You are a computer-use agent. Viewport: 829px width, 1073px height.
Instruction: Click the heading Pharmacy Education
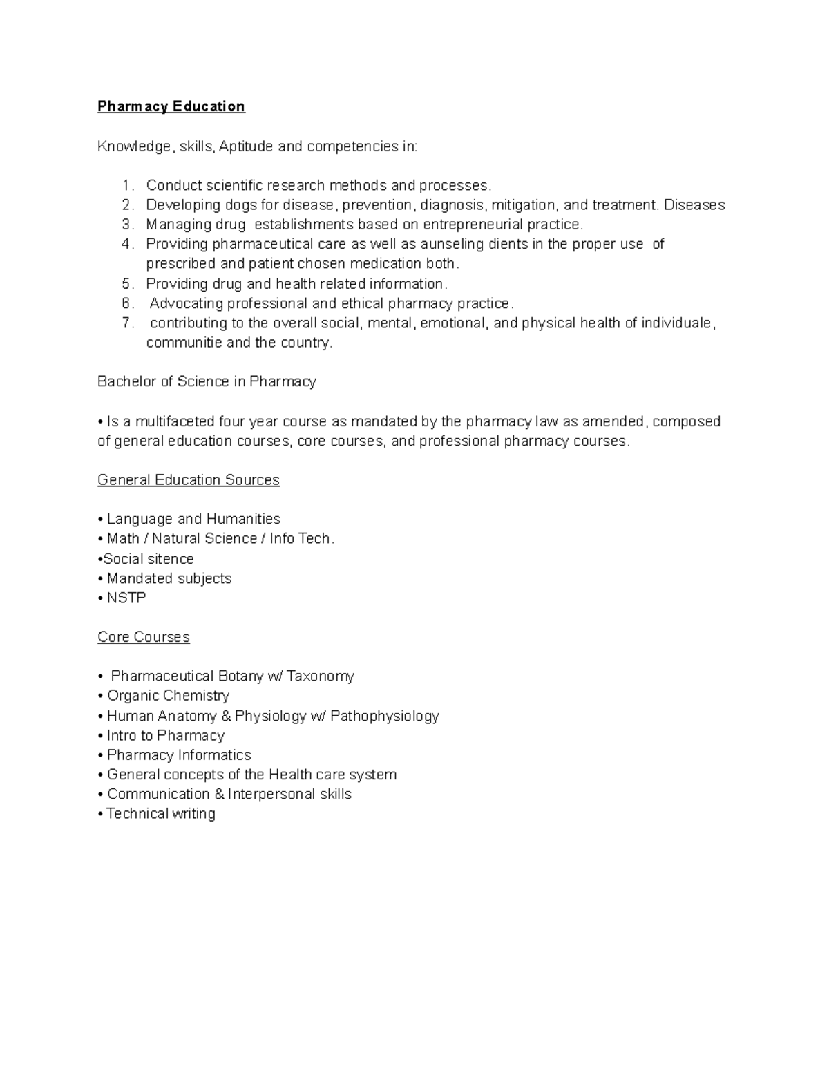[x=171, y=106]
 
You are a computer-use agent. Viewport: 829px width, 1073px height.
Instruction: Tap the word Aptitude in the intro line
[x=247, y=146]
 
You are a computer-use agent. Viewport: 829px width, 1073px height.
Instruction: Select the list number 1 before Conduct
[x=126, y=186]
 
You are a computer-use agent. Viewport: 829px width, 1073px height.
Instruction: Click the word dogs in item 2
[x=241, y=205]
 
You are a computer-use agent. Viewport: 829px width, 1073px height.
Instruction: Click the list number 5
[x=126, y=284]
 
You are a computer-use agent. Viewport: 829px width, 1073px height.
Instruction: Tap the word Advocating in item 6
[x=186, y=303]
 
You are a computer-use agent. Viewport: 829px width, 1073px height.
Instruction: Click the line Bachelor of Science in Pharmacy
[x=207, y=381]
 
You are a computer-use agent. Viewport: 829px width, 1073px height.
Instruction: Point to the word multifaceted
[x=175, y=421]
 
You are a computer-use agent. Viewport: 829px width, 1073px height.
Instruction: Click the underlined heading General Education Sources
[x=188, y=480]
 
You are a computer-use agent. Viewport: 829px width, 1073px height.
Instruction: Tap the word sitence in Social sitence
[x=171, y=559]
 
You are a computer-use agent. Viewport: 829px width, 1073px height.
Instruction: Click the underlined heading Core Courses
[x=143, y=637]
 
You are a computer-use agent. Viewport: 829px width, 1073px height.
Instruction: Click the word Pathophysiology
[x=384, y=716]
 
